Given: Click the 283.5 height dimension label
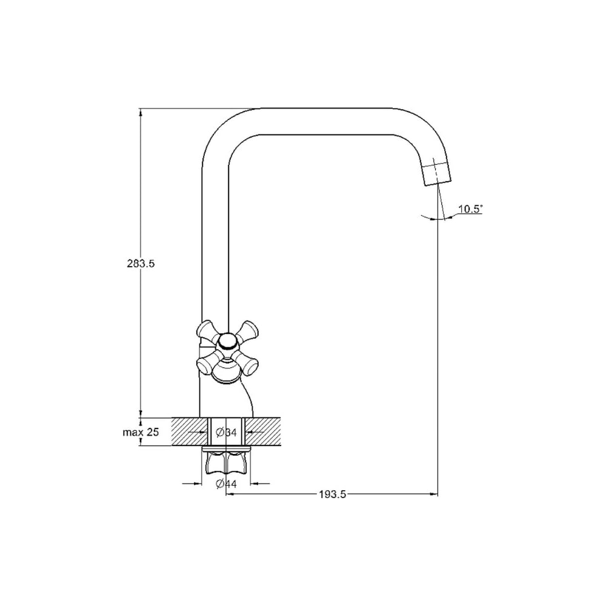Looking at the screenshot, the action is pyautogui.click(x=141, y=264).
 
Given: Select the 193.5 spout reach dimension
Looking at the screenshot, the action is pyautogui.click(x=332, y=494).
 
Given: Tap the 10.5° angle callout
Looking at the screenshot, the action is pyautogui.click(x=470, y=209).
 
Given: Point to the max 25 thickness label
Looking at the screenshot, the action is pyautogui.click(x=141, y=432).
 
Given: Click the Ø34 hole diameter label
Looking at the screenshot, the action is pyautogui.click(x=226, y=432).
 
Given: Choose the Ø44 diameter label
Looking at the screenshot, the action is pyautogui.click(x=226, y=484).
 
